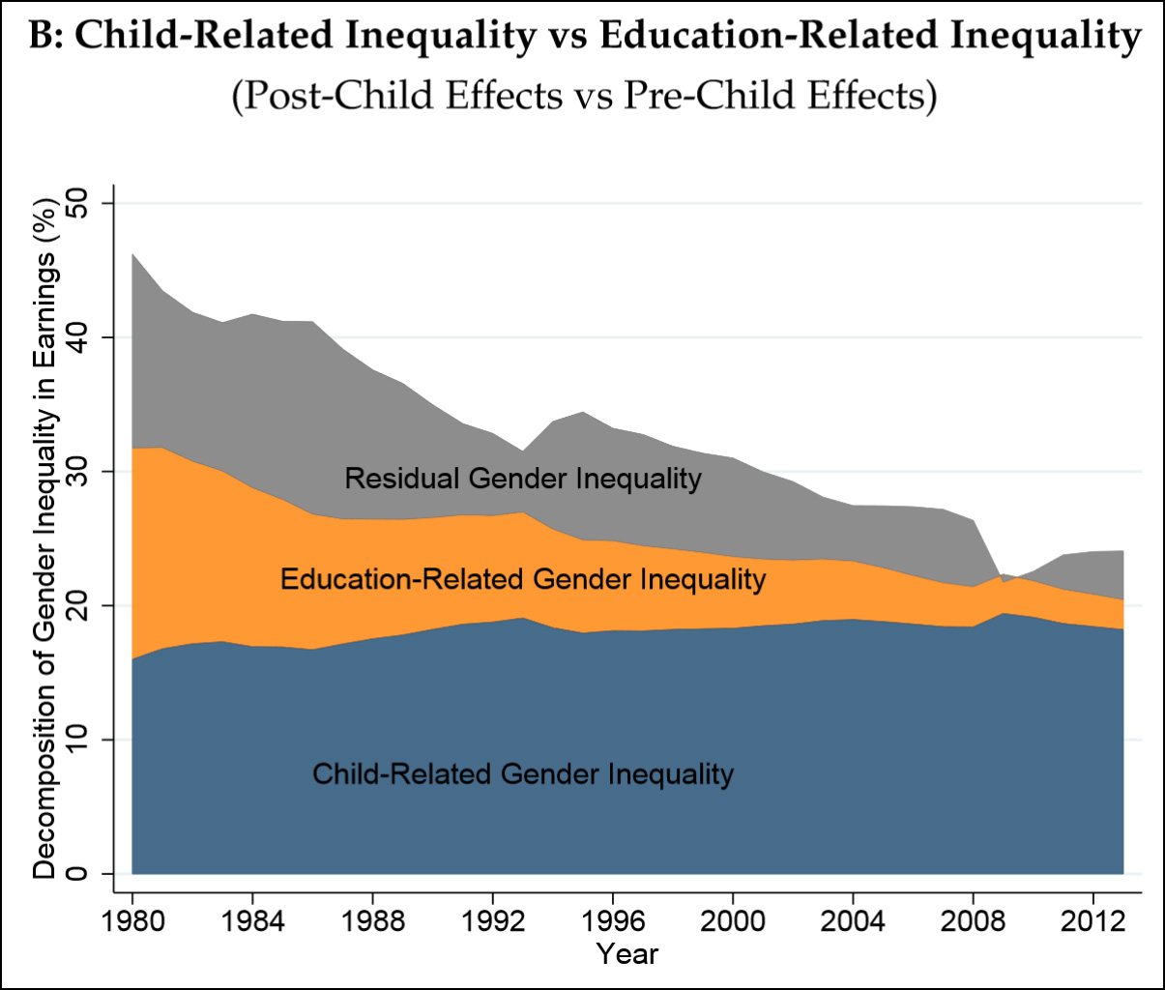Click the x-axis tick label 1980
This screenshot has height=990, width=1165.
pos(131,919)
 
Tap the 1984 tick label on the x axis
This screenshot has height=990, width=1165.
pos(251,919)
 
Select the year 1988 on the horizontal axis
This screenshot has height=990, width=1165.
pos(372,919)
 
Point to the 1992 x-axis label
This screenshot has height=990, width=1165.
pos(492,919)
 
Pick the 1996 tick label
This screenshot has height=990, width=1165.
pos(613,919)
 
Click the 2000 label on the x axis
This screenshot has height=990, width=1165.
pos(733,919)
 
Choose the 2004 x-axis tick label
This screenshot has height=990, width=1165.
pos(854,919)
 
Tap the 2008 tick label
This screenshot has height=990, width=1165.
pos(974,919)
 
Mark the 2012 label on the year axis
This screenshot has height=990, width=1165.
pos(1093,919)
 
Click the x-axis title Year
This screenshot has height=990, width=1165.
pos(626,954)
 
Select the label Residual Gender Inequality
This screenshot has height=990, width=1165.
pos(523,479)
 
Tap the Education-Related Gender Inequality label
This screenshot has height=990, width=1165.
pos(523,579)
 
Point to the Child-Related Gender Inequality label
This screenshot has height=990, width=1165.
pos(523,774)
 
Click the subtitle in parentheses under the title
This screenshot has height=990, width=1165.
pos(584,96)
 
